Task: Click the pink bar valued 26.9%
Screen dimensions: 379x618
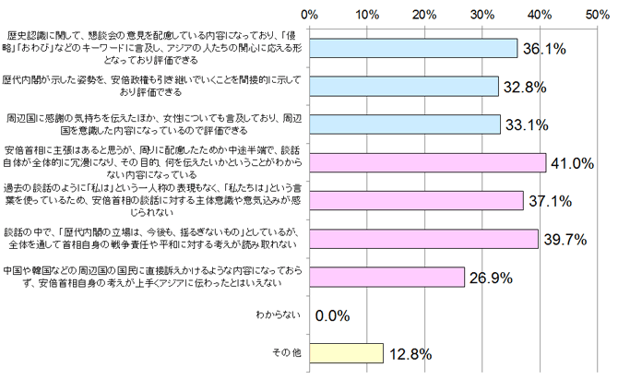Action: coord(387,277)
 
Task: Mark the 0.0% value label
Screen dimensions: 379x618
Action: coord(333,315)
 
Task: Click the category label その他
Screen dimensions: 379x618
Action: coord(281,353)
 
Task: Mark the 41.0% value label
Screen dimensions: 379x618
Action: coord(573,163)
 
